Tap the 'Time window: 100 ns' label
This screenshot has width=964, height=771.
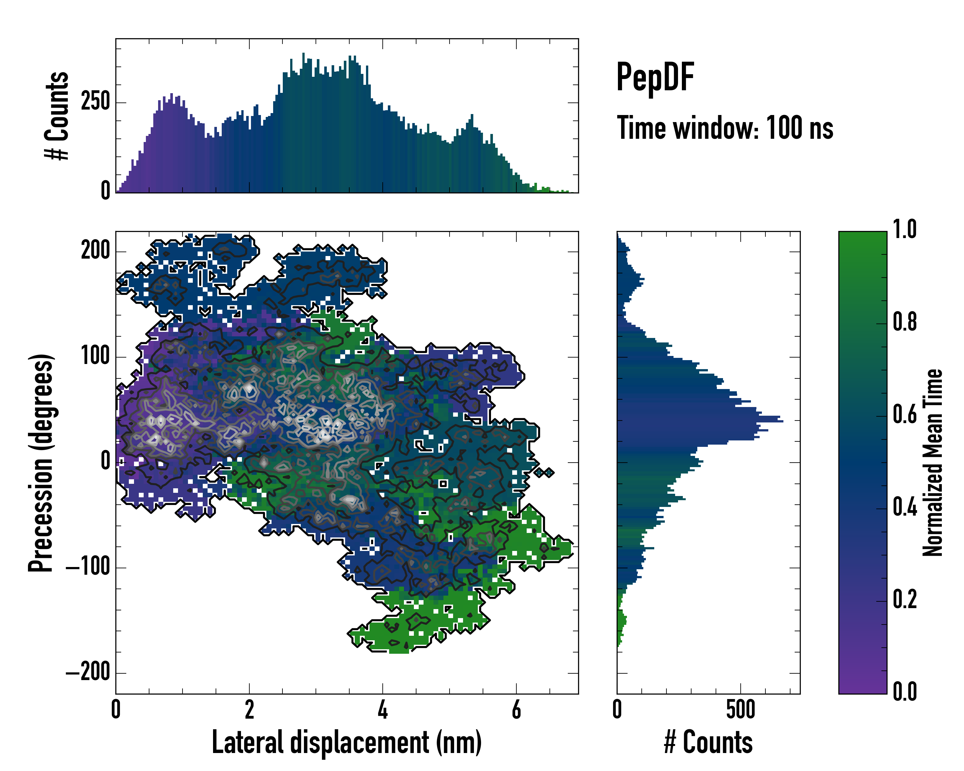pos(725,128)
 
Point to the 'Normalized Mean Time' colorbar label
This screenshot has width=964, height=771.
pos(933,463)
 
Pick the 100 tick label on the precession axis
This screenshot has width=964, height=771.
pos(95,356)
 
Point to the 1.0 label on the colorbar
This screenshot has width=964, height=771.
pos(905,230)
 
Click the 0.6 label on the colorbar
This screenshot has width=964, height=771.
pos(905,415)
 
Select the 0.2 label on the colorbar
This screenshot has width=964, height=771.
pos(905,599)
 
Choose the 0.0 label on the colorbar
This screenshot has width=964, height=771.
pos(905,691)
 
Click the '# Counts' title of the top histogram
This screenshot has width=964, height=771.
pos(57,116)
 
